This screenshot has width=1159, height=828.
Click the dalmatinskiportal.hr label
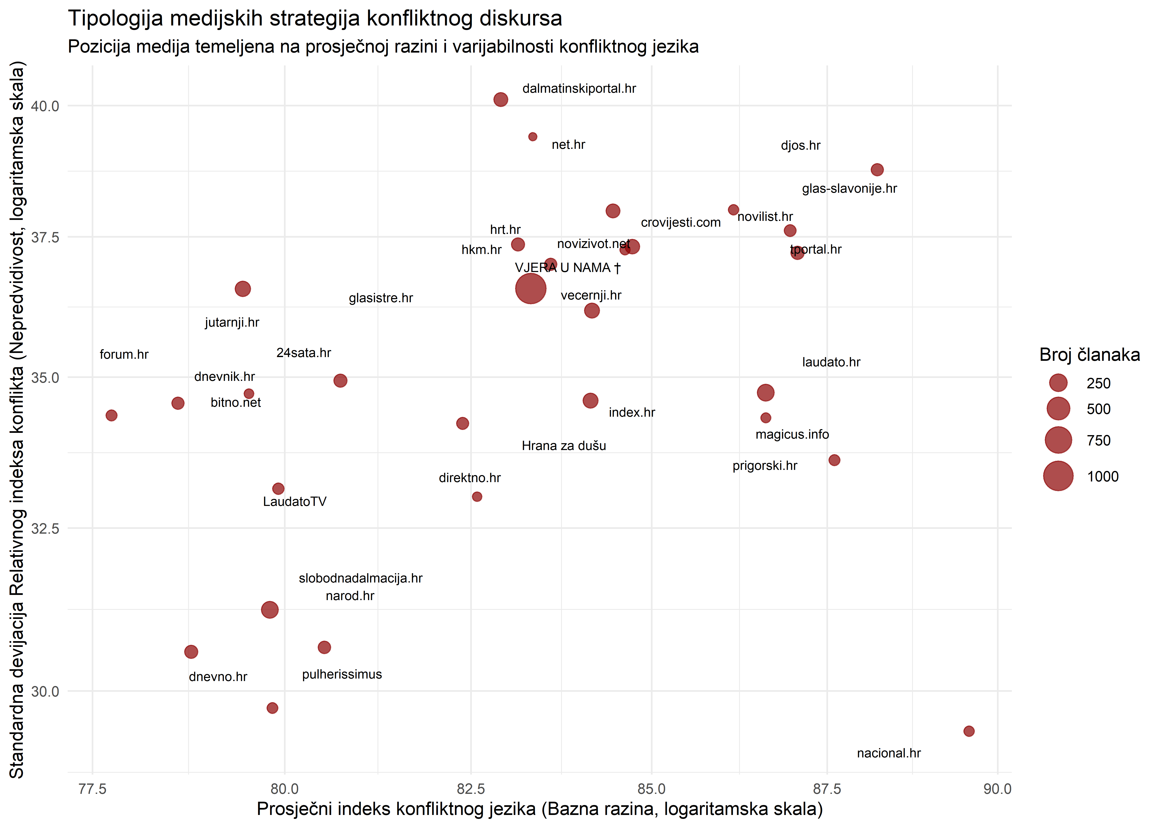pos(579,89)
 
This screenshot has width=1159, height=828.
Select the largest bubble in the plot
pos(531,289)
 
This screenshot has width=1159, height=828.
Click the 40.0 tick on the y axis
pos(45,106)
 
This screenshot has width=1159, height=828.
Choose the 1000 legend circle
pos(1058,476)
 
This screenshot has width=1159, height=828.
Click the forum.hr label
pos(124,354)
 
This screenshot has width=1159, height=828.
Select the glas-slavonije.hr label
pos(849,189)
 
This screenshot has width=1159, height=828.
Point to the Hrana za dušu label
pos(564,446)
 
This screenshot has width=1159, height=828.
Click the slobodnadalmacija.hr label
pos(360,578)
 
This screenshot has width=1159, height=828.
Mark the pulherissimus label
pos(341,675)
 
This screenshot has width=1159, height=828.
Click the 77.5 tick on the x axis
pos(92,789)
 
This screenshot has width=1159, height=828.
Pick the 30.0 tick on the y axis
pos(45,691)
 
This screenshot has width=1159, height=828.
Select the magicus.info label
pos(792,434)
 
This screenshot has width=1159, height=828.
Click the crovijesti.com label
pos(680,223)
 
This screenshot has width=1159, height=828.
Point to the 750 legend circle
pos(1058,440)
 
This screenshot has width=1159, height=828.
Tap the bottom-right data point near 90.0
pos(968,731)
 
